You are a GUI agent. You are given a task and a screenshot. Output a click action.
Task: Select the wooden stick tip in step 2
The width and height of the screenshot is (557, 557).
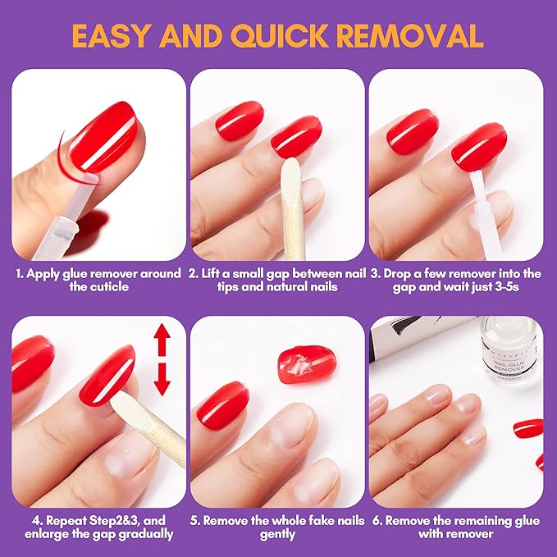[x=289, y=176]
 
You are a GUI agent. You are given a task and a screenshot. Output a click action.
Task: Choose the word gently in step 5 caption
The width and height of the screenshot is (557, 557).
[x=277, y=534]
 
